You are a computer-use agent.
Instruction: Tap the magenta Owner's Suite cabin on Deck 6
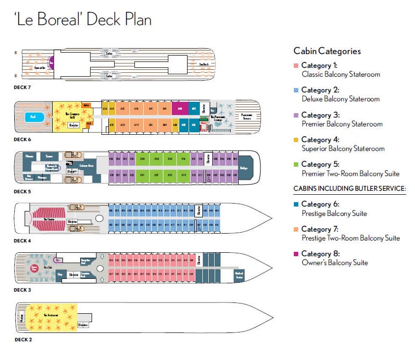(180, 109)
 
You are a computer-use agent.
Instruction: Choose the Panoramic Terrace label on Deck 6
(247, 117)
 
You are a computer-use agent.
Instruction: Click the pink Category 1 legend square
(296, 66)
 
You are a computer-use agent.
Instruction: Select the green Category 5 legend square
(296, 165)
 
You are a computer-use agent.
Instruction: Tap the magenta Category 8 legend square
(296, 254)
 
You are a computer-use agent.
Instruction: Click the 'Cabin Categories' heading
(327, 51)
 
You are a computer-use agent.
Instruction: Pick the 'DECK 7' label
(23, 87)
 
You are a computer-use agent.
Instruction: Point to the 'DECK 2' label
(23, 339)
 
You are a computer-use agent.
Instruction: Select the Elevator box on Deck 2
(83, 325)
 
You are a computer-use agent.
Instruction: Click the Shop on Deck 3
(60, 274)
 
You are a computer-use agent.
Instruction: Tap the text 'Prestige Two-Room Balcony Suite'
(351, 238)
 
